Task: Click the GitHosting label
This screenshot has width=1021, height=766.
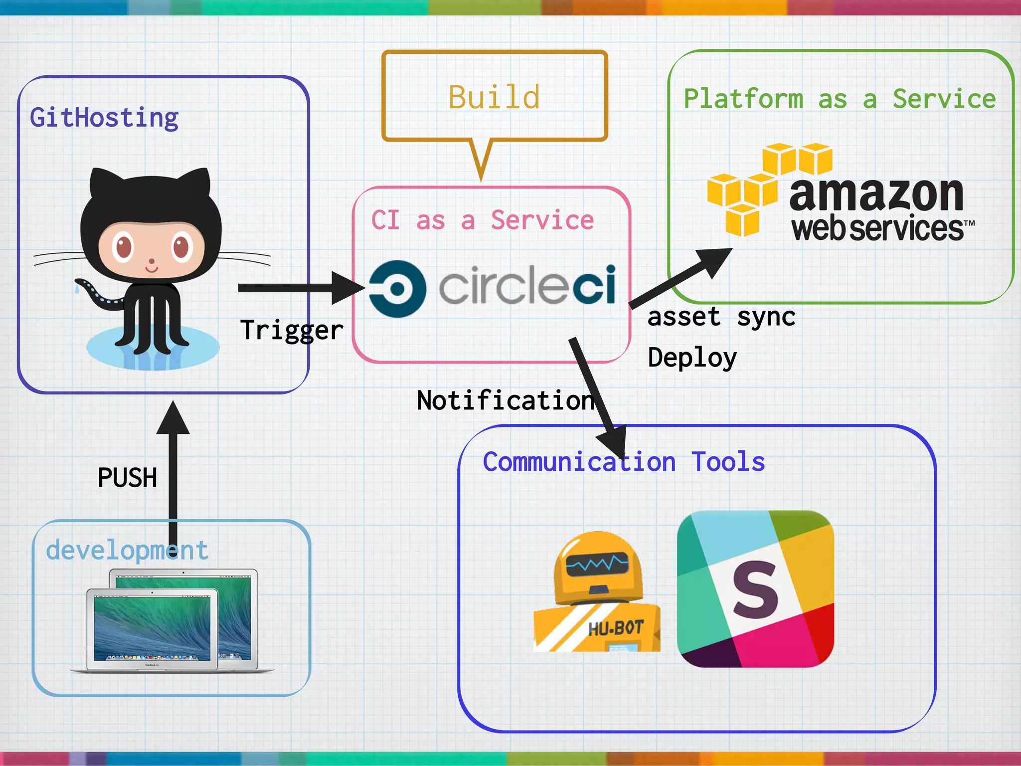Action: tap(104, 118)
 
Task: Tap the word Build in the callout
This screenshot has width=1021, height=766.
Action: tap(494, 97)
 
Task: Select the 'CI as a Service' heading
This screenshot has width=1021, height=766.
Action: tap(483, 220)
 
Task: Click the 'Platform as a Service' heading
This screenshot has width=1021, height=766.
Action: tap(840, 99)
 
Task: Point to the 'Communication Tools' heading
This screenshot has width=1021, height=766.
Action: tap(624, 462)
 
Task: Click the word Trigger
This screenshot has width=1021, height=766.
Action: tap(292, 330)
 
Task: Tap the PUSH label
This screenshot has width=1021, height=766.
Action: tap(128, 478)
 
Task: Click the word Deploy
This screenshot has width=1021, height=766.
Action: tap(692, 358)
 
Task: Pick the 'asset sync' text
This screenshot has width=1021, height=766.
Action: tap(721, 317)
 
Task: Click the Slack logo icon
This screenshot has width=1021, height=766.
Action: tap(755, 589)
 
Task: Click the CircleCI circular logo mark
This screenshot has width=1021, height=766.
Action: tap(397, 288)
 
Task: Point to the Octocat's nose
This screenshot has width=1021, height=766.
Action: tap(152, 260)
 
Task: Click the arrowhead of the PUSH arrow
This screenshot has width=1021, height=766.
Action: tap(173, 419)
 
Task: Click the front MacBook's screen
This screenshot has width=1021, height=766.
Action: tap(152, 626)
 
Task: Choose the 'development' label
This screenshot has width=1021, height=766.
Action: tap(127, 550)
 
